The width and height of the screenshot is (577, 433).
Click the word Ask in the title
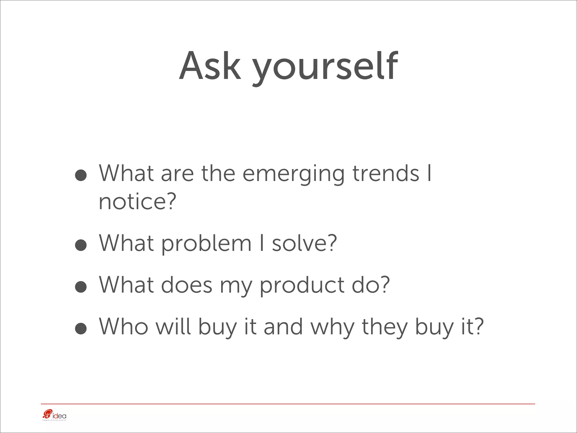point(210,67)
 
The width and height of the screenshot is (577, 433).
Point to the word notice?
point(137,202)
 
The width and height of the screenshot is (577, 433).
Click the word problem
point(206,244)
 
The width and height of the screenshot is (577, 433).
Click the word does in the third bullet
point(187,285)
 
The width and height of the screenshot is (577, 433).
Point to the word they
point(385,327)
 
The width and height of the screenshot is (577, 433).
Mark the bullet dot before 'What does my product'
point(81,287)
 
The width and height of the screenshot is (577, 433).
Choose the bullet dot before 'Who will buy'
point(81,329)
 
